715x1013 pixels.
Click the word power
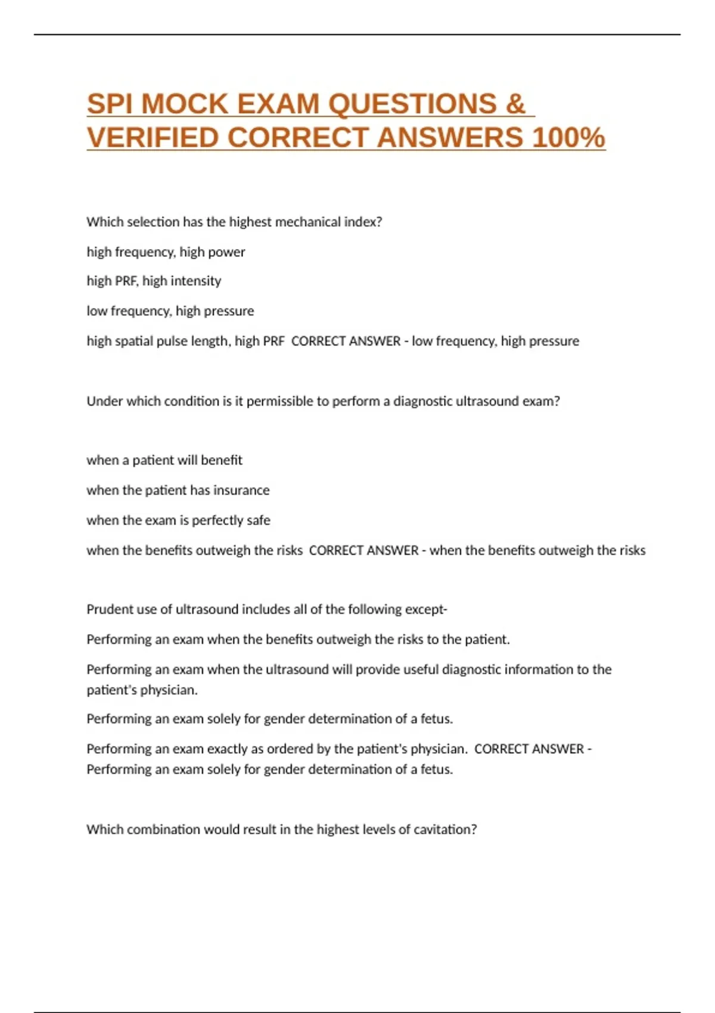coord(228,252)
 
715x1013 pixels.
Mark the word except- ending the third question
coord(426,609)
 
